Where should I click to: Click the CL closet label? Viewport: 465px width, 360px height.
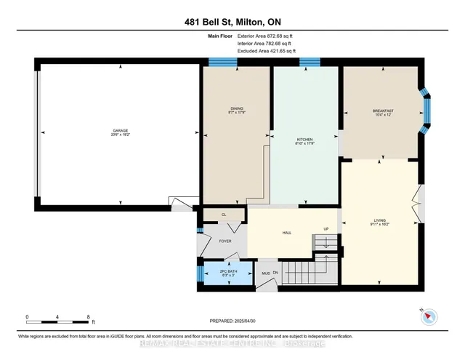224,215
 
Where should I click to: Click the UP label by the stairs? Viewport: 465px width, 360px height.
326,229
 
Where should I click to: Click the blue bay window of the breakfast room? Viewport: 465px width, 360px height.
427,111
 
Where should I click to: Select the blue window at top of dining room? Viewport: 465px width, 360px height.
218,63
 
